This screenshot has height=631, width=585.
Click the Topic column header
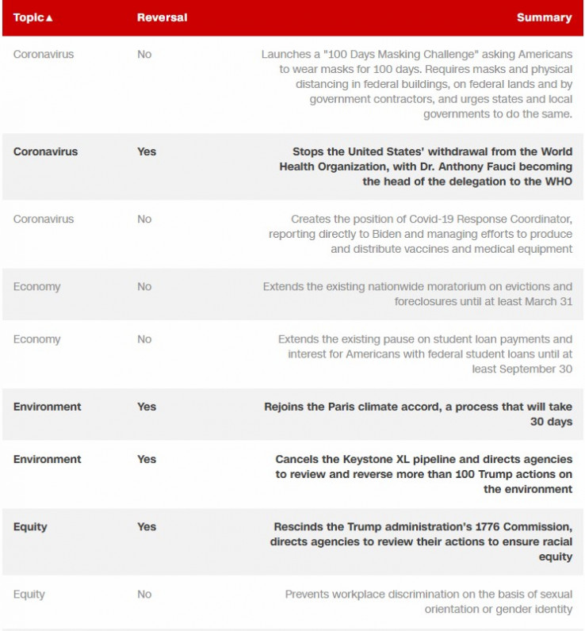tap(29, 17)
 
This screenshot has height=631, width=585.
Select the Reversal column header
tap(162, 17)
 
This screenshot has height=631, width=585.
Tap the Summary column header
tap(544, 17)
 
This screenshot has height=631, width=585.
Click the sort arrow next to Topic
tap(49, 18)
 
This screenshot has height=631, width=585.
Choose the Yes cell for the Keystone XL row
tap(147, 459)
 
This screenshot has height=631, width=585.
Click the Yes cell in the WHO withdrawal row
tap(147, 151)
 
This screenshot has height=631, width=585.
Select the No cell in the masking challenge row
tap(144, 54)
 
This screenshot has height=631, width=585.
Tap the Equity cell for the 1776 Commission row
tap(30, 526)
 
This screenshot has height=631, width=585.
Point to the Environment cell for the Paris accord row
tap(47, 407)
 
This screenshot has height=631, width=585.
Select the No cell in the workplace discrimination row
tap(144, 594)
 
